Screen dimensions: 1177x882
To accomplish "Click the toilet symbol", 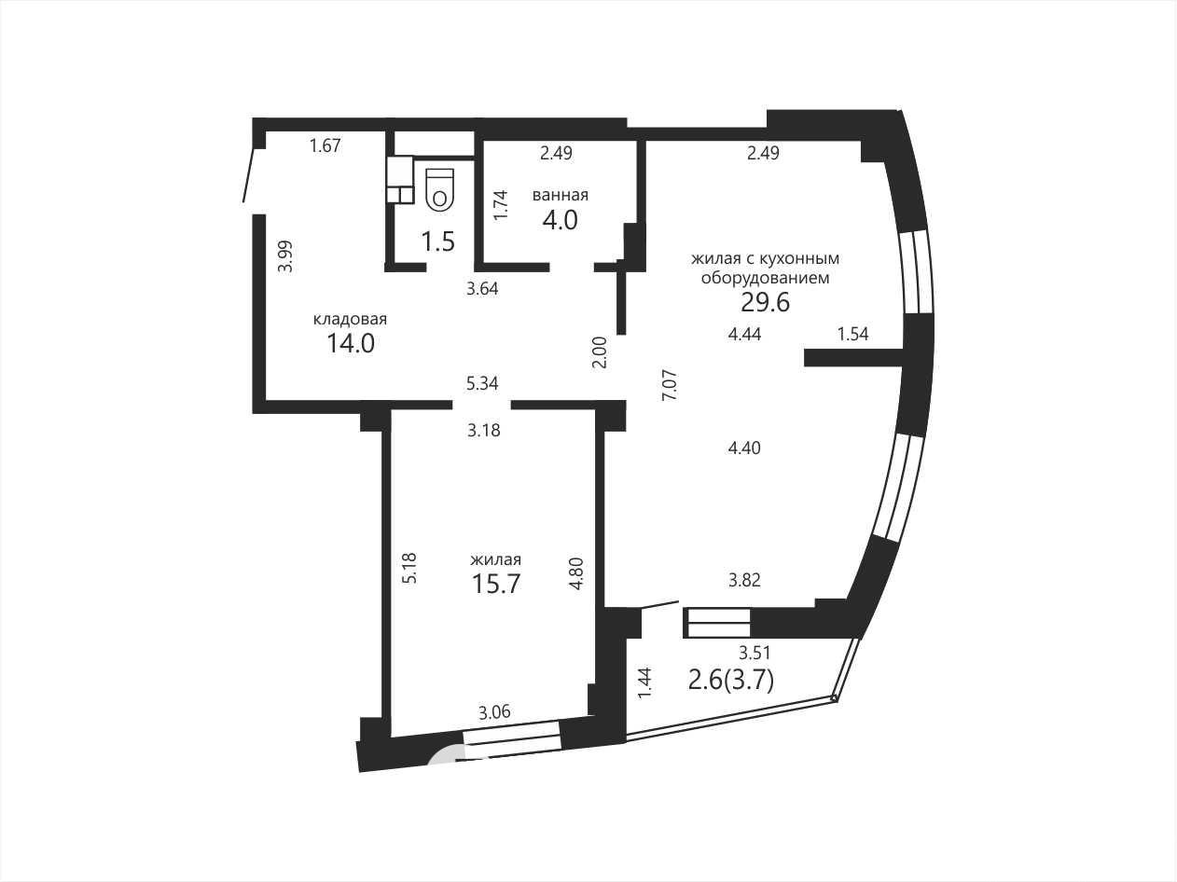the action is (439, 189).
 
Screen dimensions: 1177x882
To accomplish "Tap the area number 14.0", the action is (351, 343).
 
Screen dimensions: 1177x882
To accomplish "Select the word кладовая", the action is (350, 320).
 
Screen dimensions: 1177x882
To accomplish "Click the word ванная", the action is (561, 195).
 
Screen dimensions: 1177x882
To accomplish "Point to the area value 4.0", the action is (561, 220).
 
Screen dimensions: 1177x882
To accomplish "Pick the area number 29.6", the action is (765, 303).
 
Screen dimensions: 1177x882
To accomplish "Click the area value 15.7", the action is (496, 584).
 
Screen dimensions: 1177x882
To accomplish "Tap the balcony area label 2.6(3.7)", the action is (731, 682).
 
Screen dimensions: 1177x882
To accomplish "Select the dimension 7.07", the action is (671, 385).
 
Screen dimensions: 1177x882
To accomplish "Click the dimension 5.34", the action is (482, 383).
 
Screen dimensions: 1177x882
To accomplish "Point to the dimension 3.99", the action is (287, 256).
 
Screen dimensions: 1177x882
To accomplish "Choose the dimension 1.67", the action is (325, 145).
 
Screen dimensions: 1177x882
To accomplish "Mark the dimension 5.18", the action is (409, 568).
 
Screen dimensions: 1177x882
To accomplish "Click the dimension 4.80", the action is (575, 574).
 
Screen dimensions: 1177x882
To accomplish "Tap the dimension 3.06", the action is (494, 712).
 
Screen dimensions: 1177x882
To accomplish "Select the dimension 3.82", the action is (744, 580).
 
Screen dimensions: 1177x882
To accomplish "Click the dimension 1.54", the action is (853, 334).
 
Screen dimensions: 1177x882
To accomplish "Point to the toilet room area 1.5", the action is (438, 241).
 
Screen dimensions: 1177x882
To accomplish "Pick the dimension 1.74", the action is (500, 205).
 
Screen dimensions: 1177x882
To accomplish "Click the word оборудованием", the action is (765, 279).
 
